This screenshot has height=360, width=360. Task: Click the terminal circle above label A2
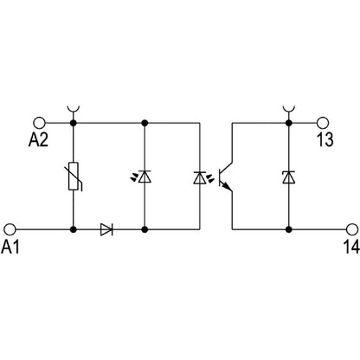38,122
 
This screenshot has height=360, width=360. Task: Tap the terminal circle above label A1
10,229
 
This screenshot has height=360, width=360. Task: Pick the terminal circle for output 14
350,229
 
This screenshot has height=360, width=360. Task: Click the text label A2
39,141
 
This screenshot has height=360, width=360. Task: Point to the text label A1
11,248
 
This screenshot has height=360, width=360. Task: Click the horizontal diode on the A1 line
107,229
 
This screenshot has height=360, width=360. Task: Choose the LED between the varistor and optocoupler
144,177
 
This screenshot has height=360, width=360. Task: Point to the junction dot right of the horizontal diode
144,229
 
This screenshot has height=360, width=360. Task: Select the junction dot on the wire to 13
286,122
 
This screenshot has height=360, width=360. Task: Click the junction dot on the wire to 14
286,229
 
